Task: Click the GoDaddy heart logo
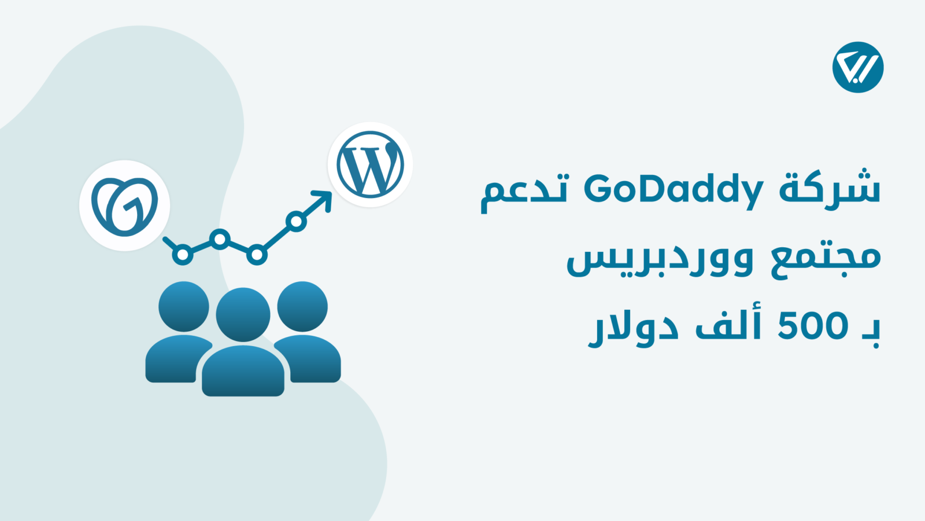tap(124, 206)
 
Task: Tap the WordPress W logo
tap(370, 164)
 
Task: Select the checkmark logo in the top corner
tap(858, 67)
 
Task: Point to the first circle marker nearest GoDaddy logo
tap(183, 254)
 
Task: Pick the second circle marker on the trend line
tap(220, 239)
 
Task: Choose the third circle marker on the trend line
tap(257, 254)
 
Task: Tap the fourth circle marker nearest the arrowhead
tap(296, 221)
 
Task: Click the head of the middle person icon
tap(243, 315)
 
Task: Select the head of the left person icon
tap(184, 306)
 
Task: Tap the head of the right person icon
tap(302, 306)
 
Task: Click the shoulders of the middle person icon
tap(243, 371)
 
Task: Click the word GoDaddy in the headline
tap(674, 191)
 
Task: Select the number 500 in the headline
tap(813, 326)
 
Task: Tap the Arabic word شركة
tap(830, 189)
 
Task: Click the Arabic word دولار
tap(634, 328)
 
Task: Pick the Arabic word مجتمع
tap(826, 260)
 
